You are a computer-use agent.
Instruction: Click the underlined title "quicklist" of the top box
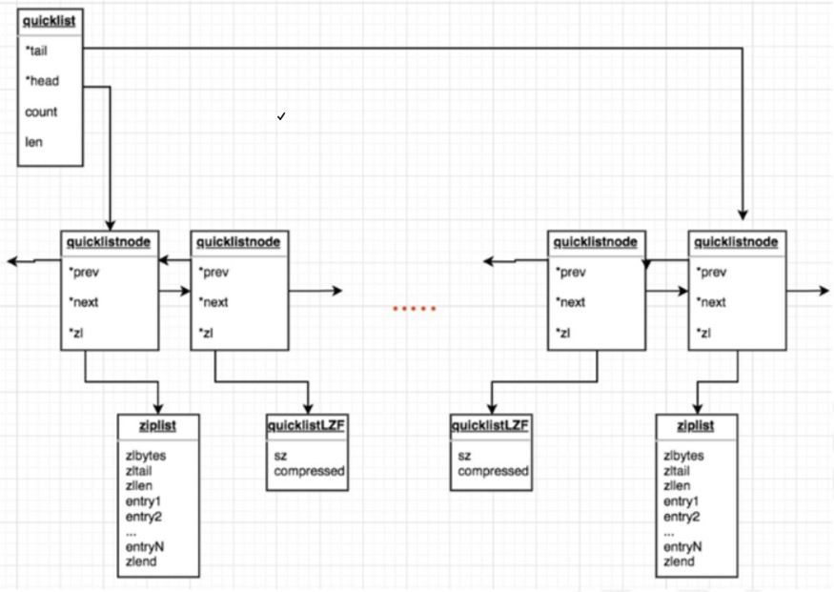49,18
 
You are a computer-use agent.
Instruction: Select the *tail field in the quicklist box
38,51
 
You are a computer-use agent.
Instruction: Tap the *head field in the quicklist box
42,81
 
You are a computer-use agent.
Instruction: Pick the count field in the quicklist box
41,112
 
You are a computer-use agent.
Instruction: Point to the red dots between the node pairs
415,308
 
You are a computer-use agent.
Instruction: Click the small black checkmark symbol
281,116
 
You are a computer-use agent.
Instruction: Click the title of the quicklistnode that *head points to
110,242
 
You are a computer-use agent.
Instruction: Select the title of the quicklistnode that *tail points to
737,242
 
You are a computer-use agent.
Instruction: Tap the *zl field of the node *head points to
77,333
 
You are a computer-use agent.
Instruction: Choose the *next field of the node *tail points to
712,302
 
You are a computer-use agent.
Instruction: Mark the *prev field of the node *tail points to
712,272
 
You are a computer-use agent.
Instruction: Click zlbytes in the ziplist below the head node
147,456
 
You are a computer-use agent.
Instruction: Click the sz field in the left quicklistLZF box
281,456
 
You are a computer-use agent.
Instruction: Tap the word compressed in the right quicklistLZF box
493,471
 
